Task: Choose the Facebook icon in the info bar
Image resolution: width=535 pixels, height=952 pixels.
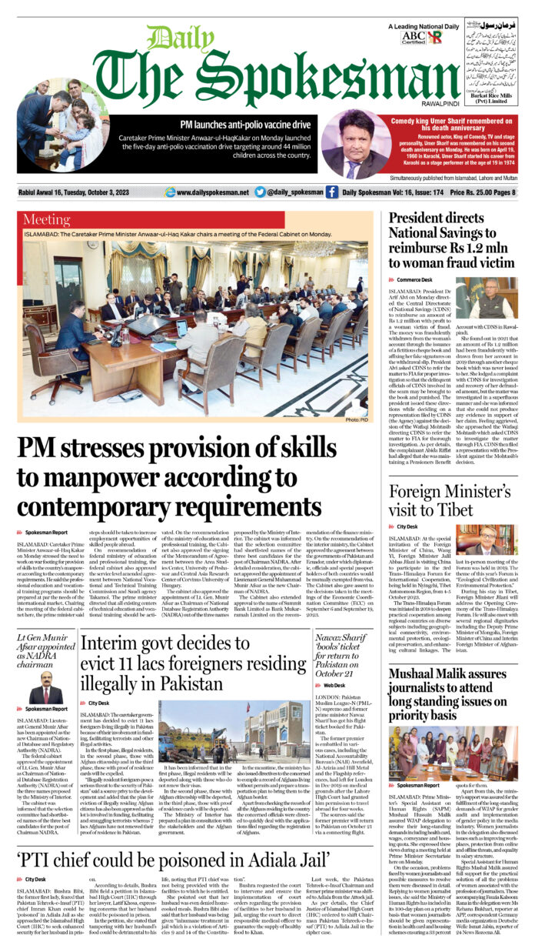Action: tap(331, 192)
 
